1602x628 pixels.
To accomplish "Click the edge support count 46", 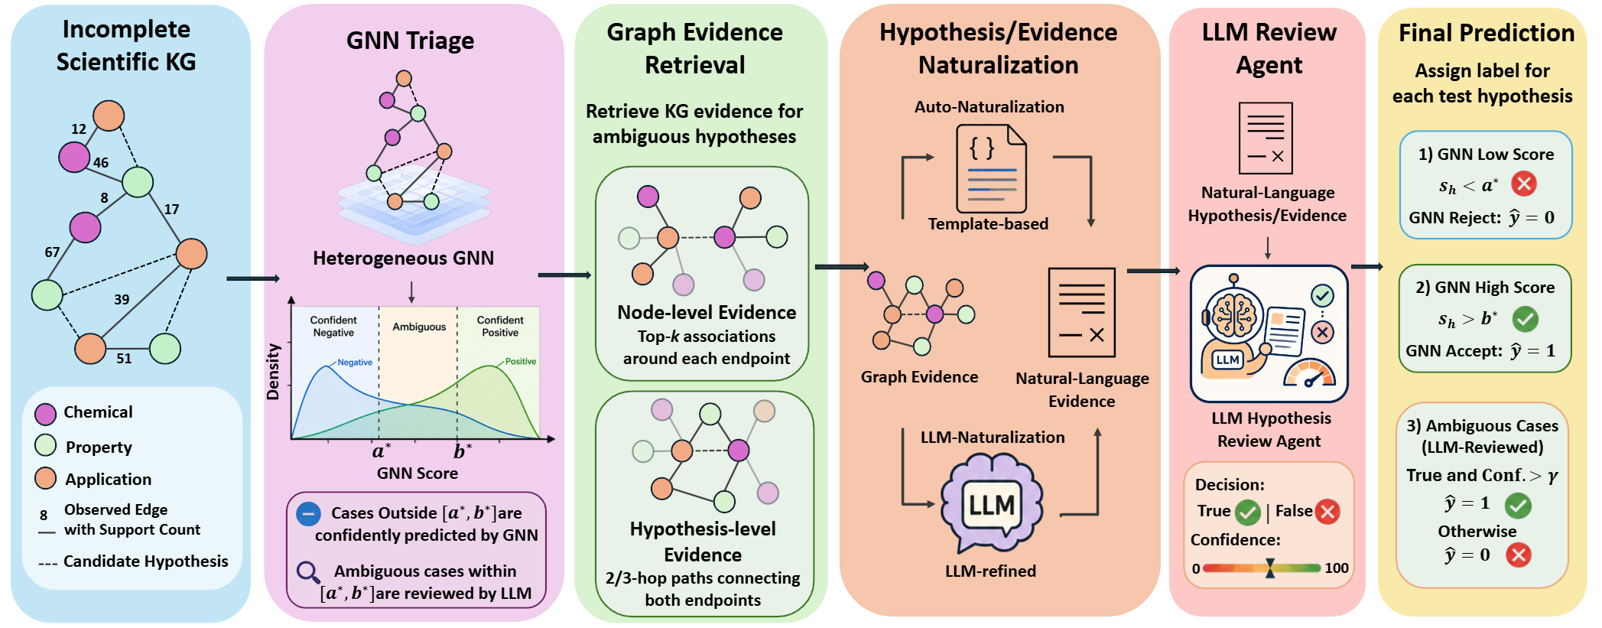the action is [x=101, y=162].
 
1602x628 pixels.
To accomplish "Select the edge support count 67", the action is [x=52, y=252].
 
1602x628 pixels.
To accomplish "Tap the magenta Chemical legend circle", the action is [x=46, y=414].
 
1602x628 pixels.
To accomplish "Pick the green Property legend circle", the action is [x=46, y=446].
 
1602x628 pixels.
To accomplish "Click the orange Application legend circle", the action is [x=46, y=478].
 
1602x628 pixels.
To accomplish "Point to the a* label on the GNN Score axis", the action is [x=381, y=451].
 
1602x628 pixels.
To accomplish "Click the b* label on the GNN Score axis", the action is [x=462, y=451].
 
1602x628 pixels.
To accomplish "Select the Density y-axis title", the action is [x=273, y=373].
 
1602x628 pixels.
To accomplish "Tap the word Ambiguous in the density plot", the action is [x=419, y=327].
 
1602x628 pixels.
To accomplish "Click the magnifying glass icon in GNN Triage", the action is [x=308, y=572].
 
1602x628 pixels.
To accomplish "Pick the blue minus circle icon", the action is [x=308, y=513].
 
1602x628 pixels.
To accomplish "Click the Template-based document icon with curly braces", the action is [x=991, y=169].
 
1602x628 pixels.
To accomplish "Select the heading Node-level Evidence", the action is [x=707, y=312].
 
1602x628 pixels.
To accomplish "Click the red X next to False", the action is [x=1327, y=512].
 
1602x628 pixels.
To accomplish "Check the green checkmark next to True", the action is [x=1248, y=512].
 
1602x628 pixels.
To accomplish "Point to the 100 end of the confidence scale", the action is [x=1337, y=568].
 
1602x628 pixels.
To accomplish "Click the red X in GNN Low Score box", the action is [x=1524, y=184].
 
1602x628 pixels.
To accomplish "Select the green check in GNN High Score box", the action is [x=1525, y=319].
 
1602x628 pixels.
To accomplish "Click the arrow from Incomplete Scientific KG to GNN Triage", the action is [x=253, y=278].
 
